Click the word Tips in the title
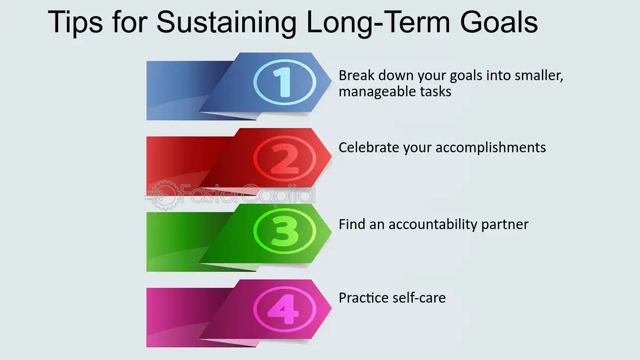(75, 23)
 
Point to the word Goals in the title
(499, 22)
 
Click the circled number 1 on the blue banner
(285, 83)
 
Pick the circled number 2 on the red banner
(285, 158)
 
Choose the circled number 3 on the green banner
(285, 231)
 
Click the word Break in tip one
(357, 75)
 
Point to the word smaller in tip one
(539, 76)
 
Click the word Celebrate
(368, 148)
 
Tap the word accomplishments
(491, 148)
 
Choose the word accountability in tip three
(433, 225)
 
